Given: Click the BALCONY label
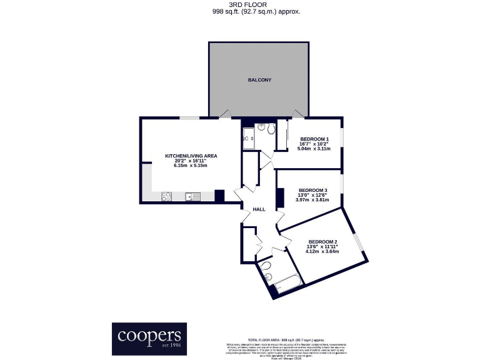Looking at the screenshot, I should (259, 81).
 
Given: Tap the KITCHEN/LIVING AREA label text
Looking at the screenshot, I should (191, 156).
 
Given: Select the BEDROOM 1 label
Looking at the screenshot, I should (314, 139).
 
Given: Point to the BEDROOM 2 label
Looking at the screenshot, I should (322, 242).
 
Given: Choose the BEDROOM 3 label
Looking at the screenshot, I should (312, 190).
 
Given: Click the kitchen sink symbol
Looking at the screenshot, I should (191, 197).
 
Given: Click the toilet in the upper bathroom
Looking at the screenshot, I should (269, 129).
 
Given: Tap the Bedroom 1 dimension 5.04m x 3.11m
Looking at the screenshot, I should (314, 149).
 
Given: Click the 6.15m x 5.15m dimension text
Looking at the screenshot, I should (191, 166).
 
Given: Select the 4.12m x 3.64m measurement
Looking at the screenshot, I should (322, 252).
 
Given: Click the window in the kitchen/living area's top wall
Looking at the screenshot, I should (189, 117).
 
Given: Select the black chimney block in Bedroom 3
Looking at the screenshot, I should (281, 197).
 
